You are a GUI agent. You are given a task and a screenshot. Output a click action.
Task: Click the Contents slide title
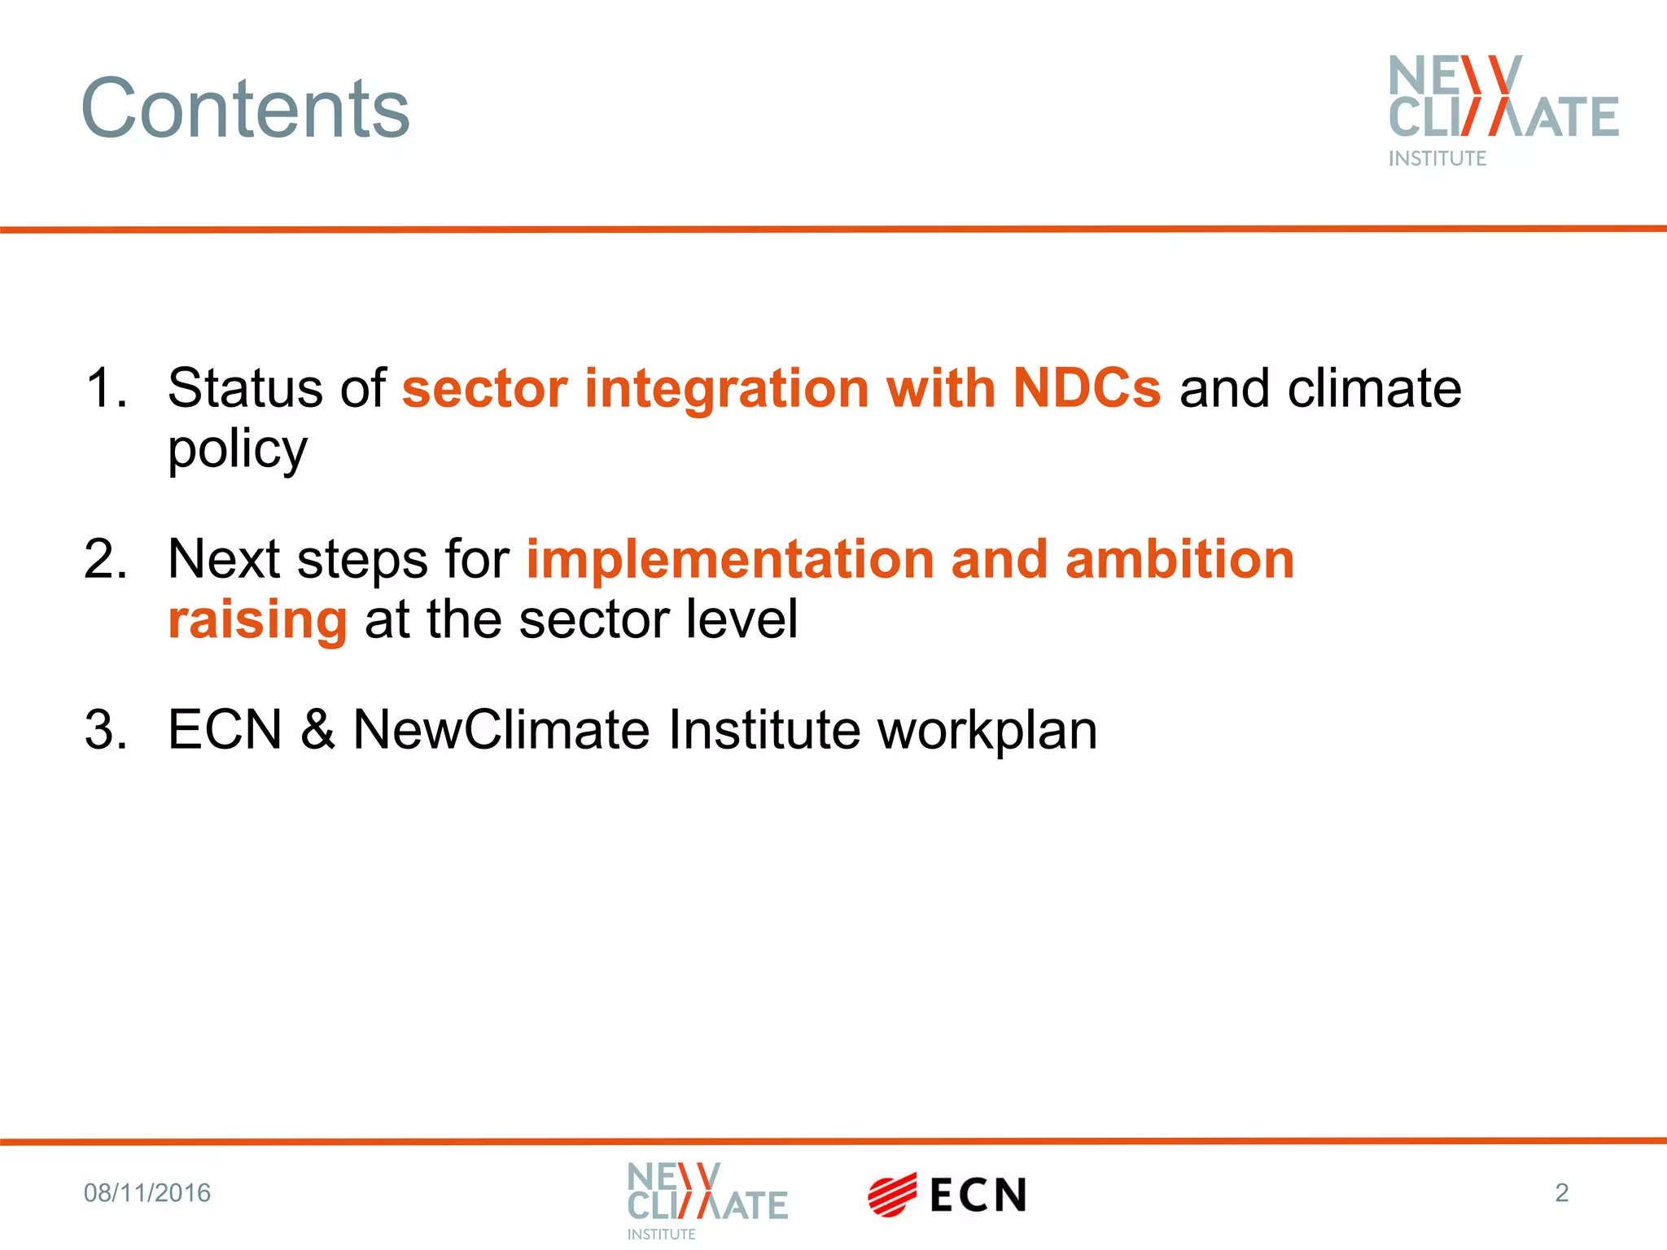(x=245, y=108)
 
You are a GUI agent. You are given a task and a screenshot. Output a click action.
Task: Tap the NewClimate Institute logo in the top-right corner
(x=1503, y=110)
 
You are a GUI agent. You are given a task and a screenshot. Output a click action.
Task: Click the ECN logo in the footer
(x=947, y=1195)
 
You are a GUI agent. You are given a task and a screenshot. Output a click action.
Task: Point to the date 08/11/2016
(x=147, y=1193)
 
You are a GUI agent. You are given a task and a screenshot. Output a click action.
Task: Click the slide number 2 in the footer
(x=1561, y=1192)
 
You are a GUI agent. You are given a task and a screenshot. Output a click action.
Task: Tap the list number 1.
(x=105, y=387)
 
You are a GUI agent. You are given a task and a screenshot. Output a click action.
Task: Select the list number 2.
(x=105, y=559)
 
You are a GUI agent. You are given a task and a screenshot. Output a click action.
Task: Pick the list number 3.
(x=105, y=729)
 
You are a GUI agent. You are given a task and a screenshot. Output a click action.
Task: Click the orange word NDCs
(x=1087, y=387)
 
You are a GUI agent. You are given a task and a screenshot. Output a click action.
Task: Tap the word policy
(x=238, y=449)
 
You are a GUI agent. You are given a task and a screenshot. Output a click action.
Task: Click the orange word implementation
(x=730, y=559)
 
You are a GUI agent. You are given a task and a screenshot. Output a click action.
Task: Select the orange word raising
(x=258, y=619)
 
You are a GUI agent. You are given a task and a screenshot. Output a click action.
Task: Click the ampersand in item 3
(x=317, y=729)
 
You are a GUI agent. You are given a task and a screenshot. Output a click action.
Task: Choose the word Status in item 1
(x=245, y=387)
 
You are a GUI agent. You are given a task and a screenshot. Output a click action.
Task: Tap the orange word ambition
(x=1179, y=559)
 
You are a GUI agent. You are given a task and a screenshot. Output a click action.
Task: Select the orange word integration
(x=727, y=387)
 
